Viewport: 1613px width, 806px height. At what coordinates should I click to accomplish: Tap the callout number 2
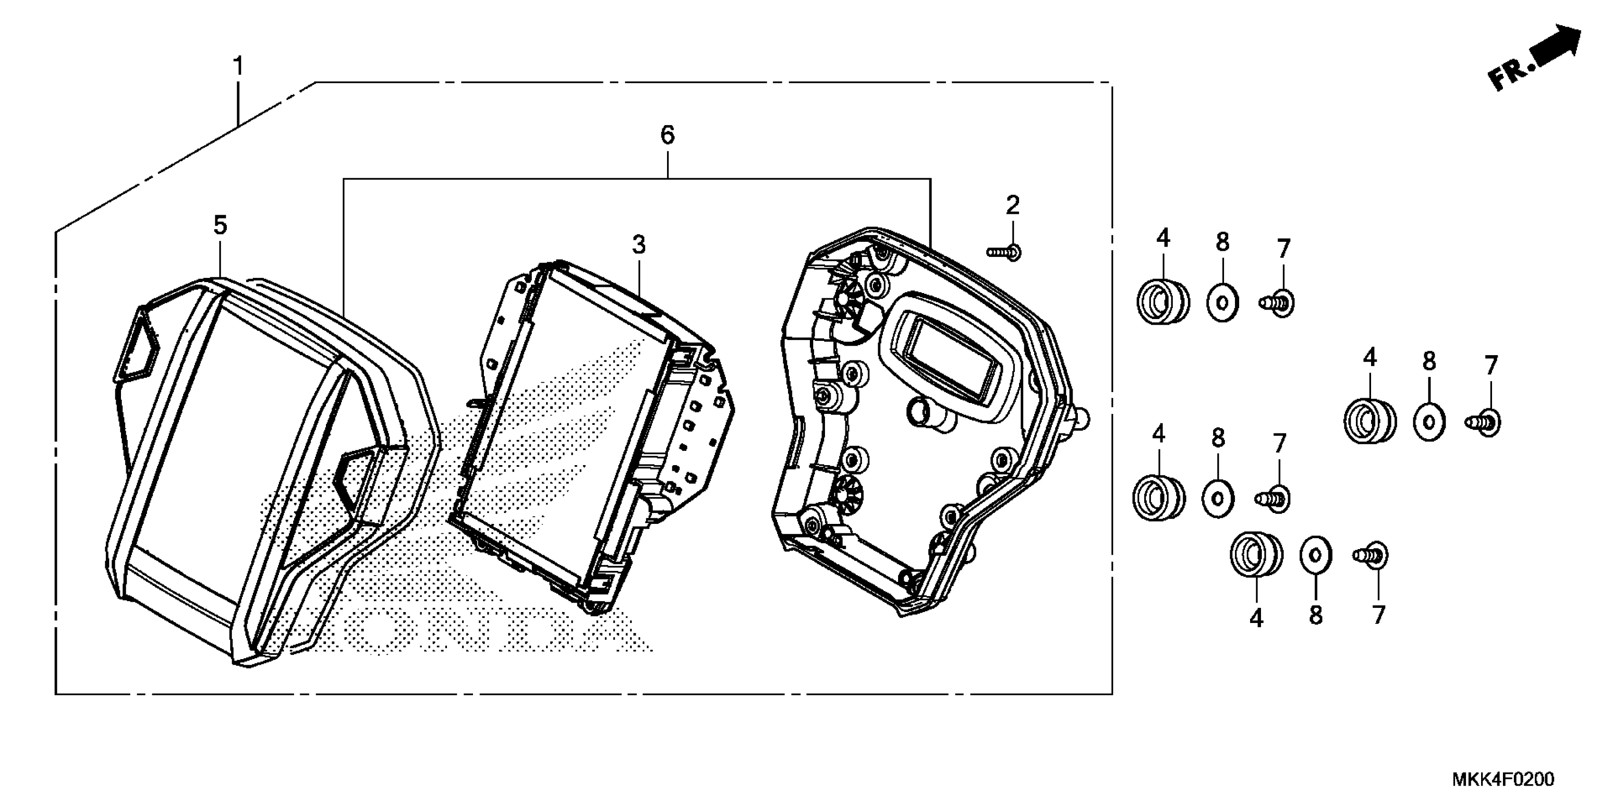[1012, 205]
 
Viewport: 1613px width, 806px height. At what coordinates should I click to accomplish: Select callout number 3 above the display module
[638, 245]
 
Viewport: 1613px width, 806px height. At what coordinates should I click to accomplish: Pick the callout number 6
[667, 135]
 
